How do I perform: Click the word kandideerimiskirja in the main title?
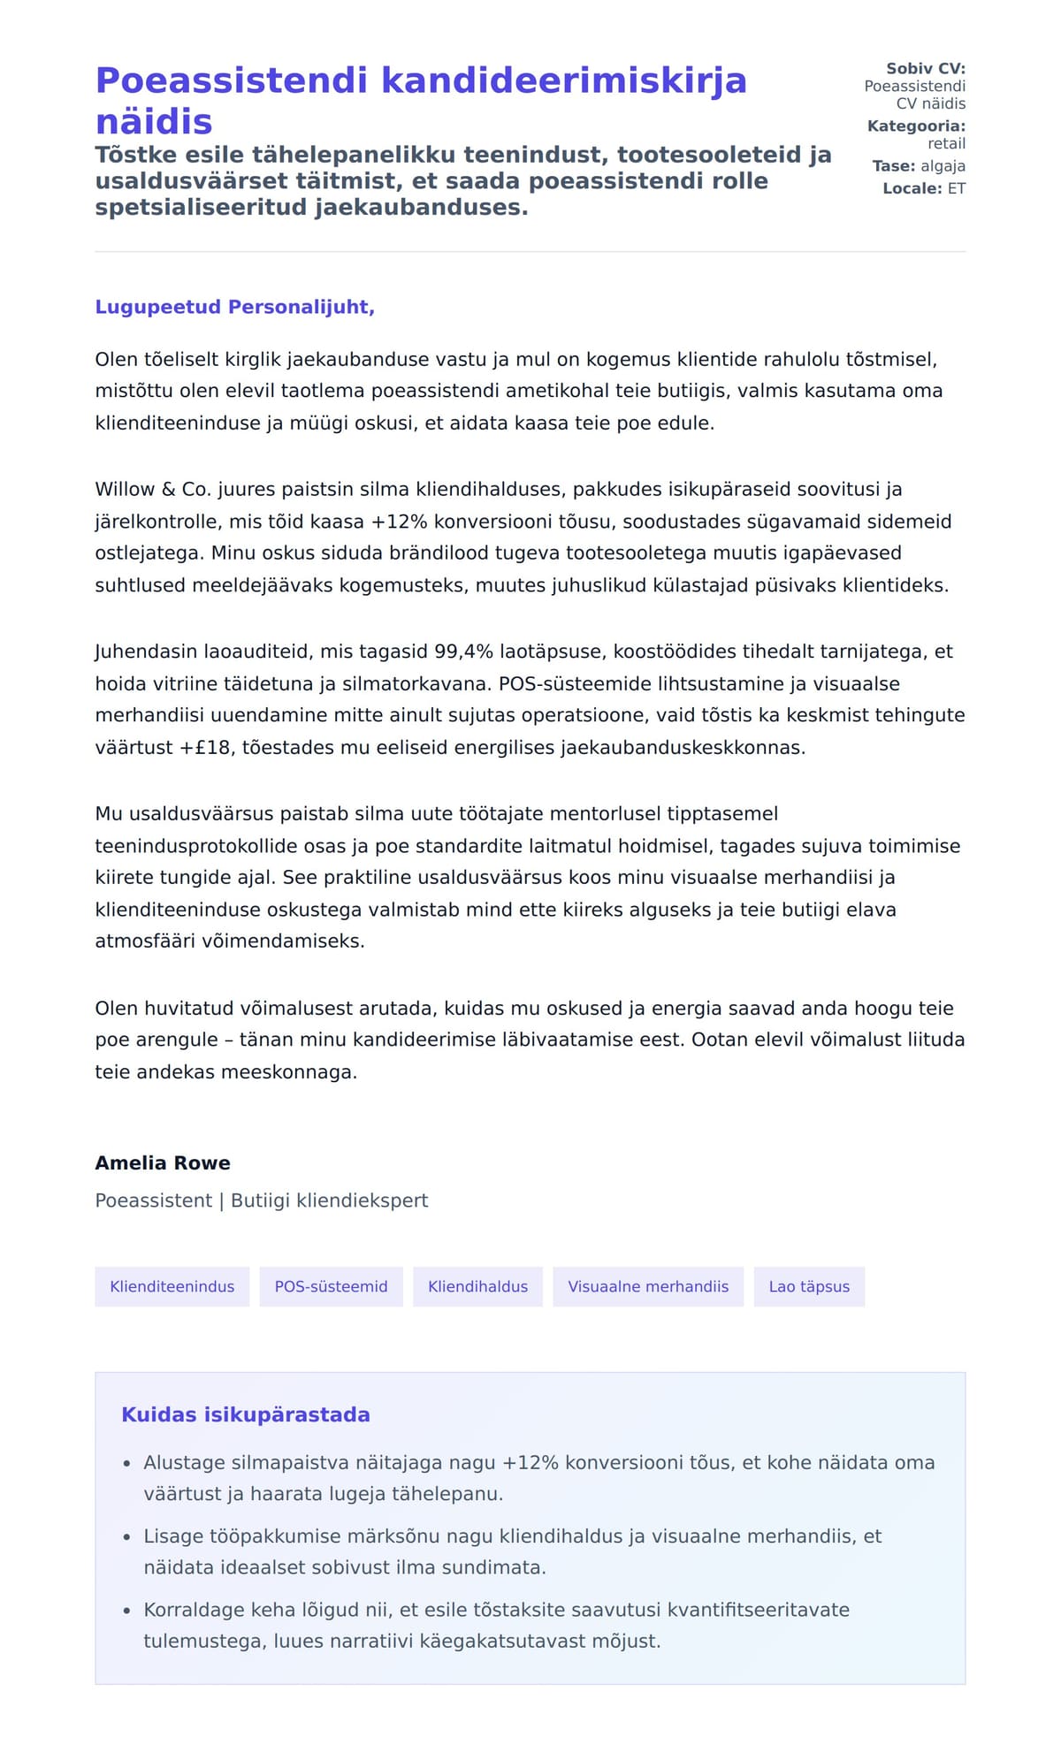point(564,81)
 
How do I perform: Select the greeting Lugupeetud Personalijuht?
point(234,307)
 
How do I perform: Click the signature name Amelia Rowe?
point(163,1163)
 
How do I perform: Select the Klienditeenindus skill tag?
point(172,1287)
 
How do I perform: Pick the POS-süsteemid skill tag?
point(331,1287)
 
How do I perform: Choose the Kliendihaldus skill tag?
point(477,1287)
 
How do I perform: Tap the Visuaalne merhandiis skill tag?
point(648,1287)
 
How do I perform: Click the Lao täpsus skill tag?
point(809,1287)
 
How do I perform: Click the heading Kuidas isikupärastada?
point(246,1415)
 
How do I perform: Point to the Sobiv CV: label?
point(926,69)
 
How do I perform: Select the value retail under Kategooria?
point(946,144)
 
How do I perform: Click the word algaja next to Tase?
point(943,166)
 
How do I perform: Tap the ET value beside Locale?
point(957,188)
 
